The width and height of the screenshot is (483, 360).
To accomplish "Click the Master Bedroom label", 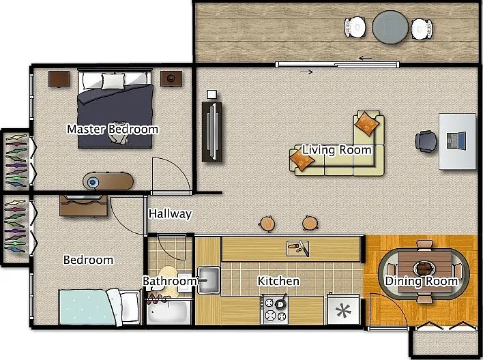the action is pyautogui.click(x=113, y=129).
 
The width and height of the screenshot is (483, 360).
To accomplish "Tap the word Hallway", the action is pyautogui.click(x=170, y=213).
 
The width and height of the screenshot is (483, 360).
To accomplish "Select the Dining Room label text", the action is pyautogui.click(x=422, y=281).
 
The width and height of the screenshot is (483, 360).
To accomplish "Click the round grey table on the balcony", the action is pyautogui.click(x=390, y=27).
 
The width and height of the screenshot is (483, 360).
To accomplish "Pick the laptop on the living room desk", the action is pyautogui.click(x=456, y=141).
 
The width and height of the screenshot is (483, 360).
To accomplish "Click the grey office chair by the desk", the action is pyautogui.click(x=426, y=141).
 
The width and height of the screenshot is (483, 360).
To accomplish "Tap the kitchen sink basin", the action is pyautogui.click(x=209, y=280).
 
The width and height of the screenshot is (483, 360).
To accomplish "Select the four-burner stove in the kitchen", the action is pyautogui.click(x=274, y=309).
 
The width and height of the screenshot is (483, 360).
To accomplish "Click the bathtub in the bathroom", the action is pyautogui.click(x=168, y=312).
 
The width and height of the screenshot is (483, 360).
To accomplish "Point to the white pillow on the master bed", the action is pyautogui.click(x=113, y=81).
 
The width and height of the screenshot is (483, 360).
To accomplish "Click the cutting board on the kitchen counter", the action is pyautogui.click(x=297, y=248).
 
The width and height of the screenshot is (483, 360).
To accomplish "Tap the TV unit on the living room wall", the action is pyautogui.click(x=211, y=132).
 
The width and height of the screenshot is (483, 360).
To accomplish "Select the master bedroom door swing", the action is pyautogui.click(x=171, y=176).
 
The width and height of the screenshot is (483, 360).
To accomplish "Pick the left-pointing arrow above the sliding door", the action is pyautogui.click(x=366, y=58).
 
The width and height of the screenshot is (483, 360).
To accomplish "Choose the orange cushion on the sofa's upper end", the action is pyautogui.click(x=366, y=123).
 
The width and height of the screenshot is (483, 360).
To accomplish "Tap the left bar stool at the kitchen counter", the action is pyautogui.click(x=267, y=224).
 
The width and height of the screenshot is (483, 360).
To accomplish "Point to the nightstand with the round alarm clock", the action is pyautogui.click(x=171, y=79).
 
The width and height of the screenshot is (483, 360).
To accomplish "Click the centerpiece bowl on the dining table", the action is pyautogui.click(x=424, y=269).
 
